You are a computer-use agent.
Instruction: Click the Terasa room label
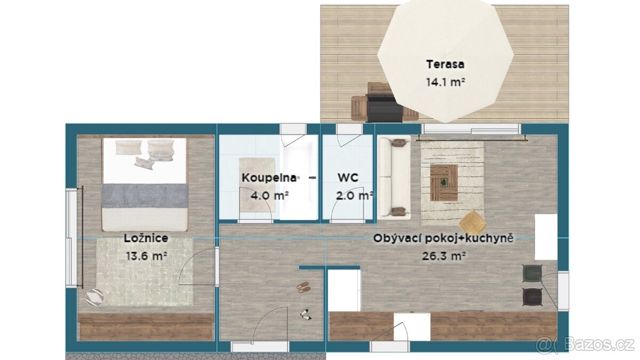[x=445, y=65]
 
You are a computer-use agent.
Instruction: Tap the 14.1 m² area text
[x=445, y=82]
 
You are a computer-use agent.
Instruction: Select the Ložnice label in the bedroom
[x=146, y=238]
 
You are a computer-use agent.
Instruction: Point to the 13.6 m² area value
[x=146, y=255]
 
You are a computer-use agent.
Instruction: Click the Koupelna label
[x=269, y=178]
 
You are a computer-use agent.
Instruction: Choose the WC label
[x=348, y=178]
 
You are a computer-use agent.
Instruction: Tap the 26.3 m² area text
[x=444, y=255]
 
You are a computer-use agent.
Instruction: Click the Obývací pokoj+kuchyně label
[x=443, y=238]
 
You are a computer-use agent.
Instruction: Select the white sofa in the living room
[x=394, y=178]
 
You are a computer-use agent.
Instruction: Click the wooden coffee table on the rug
[x=444, y=182]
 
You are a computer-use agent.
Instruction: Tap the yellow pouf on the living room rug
[x=473, y=223]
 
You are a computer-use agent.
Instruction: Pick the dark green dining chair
[x=532, y=274]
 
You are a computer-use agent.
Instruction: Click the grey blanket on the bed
[x=145, y=196]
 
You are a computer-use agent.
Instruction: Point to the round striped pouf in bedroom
[x=94, y=298]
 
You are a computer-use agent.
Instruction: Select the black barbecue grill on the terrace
[x=385, y=108]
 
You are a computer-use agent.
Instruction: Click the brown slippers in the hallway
[x=303, y=287]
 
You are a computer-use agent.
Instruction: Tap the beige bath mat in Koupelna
[x=257, y=185]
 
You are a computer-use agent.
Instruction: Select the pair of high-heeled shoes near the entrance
[x=306, y=314]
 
